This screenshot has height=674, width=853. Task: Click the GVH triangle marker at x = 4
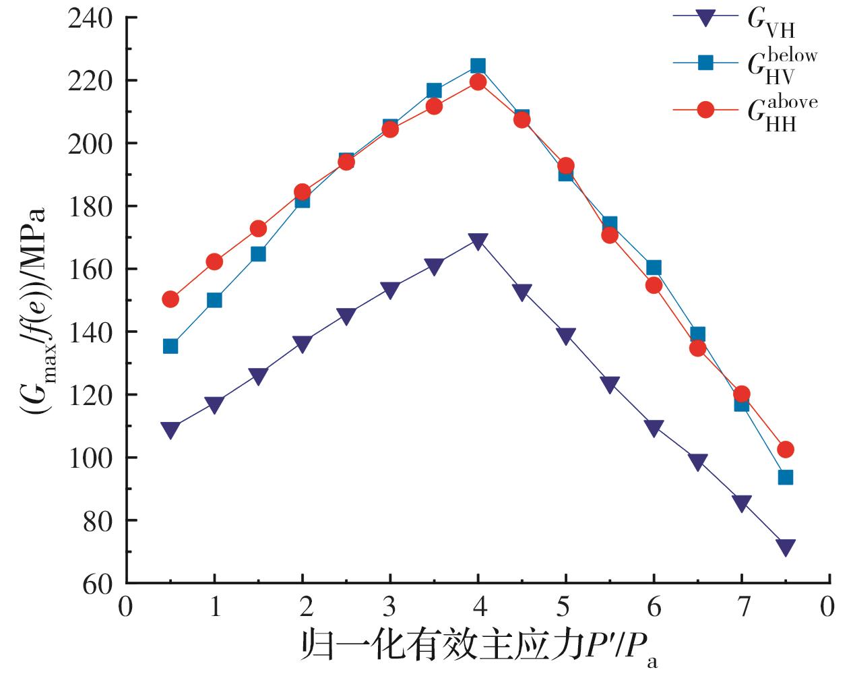point(478,241)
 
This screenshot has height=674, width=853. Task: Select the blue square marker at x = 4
point(478,65)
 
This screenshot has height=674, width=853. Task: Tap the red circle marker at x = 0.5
point(170,299)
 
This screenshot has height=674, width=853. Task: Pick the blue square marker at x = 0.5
point(170,346)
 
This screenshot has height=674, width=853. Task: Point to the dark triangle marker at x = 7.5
point(785,547)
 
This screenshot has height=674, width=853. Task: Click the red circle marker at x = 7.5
point(785,450)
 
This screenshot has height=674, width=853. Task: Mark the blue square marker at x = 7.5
point(785,477)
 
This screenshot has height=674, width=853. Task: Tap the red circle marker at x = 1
point(214,262)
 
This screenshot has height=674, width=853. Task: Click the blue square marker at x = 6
point(654,268)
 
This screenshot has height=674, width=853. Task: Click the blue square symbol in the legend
point(705,63)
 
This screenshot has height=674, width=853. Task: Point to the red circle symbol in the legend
point(705,110)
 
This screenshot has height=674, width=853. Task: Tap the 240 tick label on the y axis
point(90,18)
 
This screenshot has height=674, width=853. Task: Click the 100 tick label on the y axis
point(90,458)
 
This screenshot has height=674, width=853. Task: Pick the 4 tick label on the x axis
point(478,607)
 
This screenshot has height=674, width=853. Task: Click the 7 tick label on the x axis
point(742,607)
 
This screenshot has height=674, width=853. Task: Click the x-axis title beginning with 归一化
point(478,647)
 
